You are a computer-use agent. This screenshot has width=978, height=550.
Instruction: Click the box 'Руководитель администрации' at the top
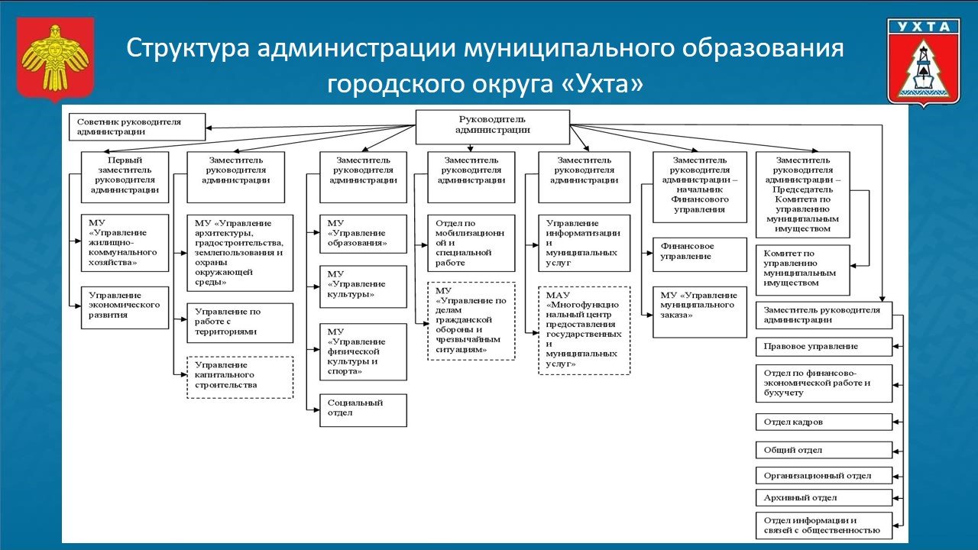click(492, 126)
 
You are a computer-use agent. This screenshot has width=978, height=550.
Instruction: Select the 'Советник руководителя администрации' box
click(137, 126)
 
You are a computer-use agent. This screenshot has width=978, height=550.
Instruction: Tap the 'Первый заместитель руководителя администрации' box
click(125, 176)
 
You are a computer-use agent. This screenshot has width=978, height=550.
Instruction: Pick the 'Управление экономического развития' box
click(125, 307)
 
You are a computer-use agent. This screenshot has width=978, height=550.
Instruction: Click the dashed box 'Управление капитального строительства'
click(240, 377)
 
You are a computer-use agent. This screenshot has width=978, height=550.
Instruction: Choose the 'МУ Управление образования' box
click(363, 234)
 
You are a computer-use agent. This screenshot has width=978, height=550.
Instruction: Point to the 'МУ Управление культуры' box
click(363, 286)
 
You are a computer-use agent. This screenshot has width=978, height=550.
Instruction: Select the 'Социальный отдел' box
click(363, 409)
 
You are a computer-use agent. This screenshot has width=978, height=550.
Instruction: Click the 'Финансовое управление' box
click(699, 254)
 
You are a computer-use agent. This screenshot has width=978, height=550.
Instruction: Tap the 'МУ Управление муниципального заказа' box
click(699, 311)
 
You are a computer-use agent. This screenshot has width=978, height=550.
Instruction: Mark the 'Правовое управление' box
click(824, 346)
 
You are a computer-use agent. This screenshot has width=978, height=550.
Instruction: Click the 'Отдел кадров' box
click(824, 422)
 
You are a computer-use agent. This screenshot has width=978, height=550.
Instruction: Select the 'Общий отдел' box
click(824, 450)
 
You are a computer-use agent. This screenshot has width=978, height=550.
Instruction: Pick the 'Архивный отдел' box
click(824, 497)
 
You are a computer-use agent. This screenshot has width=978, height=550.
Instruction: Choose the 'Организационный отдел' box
click(824, 475)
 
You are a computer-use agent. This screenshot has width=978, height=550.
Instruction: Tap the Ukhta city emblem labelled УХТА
click(923, 61)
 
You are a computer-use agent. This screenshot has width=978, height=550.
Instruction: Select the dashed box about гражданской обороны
click(471, 321)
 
